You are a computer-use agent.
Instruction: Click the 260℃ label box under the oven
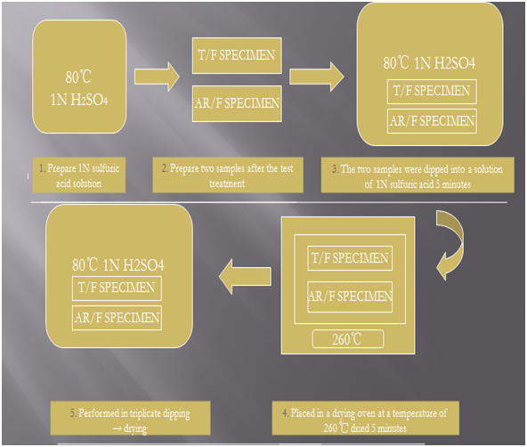pos(348,339)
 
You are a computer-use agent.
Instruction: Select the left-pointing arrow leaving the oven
pos(245,277)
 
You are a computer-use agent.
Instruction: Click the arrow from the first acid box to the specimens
pos(157,77)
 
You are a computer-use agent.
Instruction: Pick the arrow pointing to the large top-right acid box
pos(317,77)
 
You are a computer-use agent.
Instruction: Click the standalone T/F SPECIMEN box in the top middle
pos(237,55)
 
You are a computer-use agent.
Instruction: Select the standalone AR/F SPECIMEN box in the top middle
pos(237,103)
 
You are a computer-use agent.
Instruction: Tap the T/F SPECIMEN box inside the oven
pos(350,258)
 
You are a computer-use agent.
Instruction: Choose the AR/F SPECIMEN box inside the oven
pos(350,297)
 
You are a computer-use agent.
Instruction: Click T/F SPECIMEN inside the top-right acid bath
pos(432,92)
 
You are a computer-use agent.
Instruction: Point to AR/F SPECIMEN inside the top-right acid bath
pos(432,121)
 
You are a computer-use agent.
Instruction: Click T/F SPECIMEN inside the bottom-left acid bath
pos(117,289)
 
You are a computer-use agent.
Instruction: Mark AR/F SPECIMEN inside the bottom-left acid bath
pos(117,318)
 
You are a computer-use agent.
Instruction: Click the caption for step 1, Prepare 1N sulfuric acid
pos(79,175)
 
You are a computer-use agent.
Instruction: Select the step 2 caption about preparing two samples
pos(228,175)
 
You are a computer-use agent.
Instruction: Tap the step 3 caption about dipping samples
pos(418,175)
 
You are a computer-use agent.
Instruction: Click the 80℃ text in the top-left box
pos(78,77)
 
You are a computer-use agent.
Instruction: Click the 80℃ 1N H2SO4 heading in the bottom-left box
pos(118,265)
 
